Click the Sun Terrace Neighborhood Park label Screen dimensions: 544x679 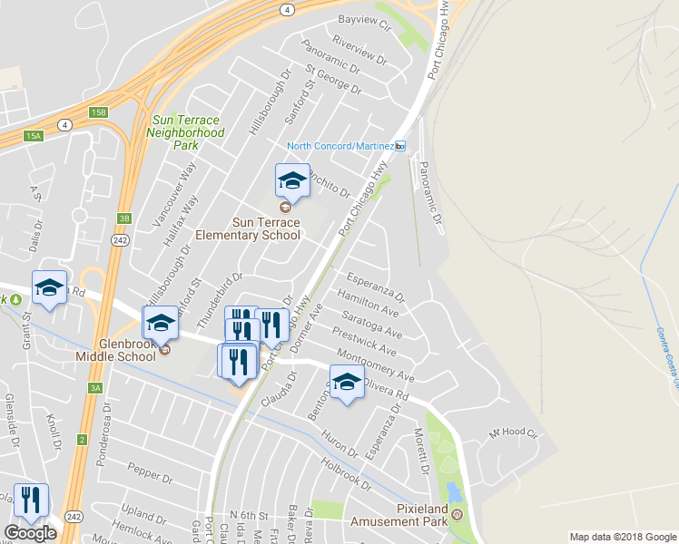click(186, 132)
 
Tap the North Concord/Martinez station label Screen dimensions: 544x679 click(340, 146)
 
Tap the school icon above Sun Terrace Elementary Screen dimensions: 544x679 click(292, 180)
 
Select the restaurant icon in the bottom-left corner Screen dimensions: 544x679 click(31, 500)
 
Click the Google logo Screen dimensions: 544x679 click(30, 533)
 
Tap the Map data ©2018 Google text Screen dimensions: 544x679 click(622, 537)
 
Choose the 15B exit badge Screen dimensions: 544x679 click(98, 112)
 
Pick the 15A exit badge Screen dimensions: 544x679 click(34, 136)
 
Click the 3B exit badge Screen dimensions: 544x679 click(124, 219)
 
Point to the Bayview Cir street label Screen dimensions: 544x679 click(363, 19)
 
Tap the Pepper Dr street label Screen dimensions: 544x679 click(149, 472)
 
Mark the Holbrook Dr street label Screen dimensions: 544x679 click(346, 471)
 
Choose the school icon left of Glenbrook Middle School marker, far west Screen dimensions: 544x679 click(49, 288)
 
